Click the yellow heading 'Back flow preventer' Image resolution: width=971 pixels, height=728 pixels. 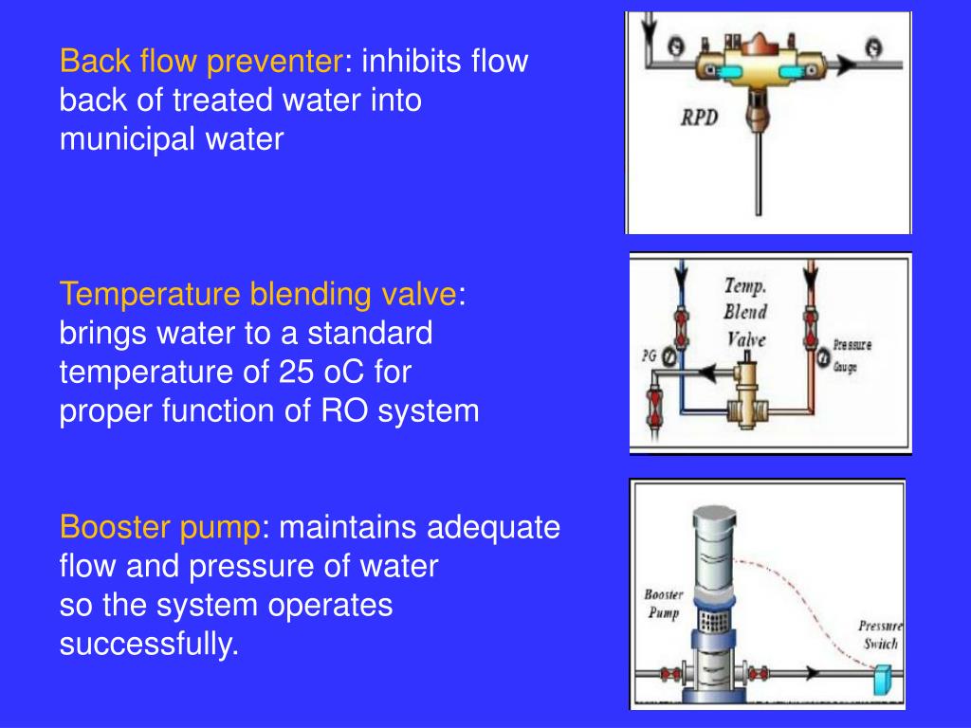200,63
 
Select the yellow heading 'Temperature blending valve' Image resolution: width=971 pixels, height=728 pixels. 257,295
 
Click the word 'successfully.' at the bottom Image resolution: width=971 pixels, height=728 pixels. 149,645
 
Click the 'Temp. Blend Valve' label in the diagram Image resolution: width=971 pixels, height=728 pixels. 745,311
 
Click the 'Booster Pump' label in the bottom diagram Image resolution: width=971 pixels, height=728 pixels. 664,604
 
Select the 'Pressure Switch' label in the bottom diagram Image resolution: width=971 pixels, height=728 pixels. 878,635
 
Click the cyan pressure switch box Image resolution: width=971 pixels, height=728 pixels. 883,679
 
